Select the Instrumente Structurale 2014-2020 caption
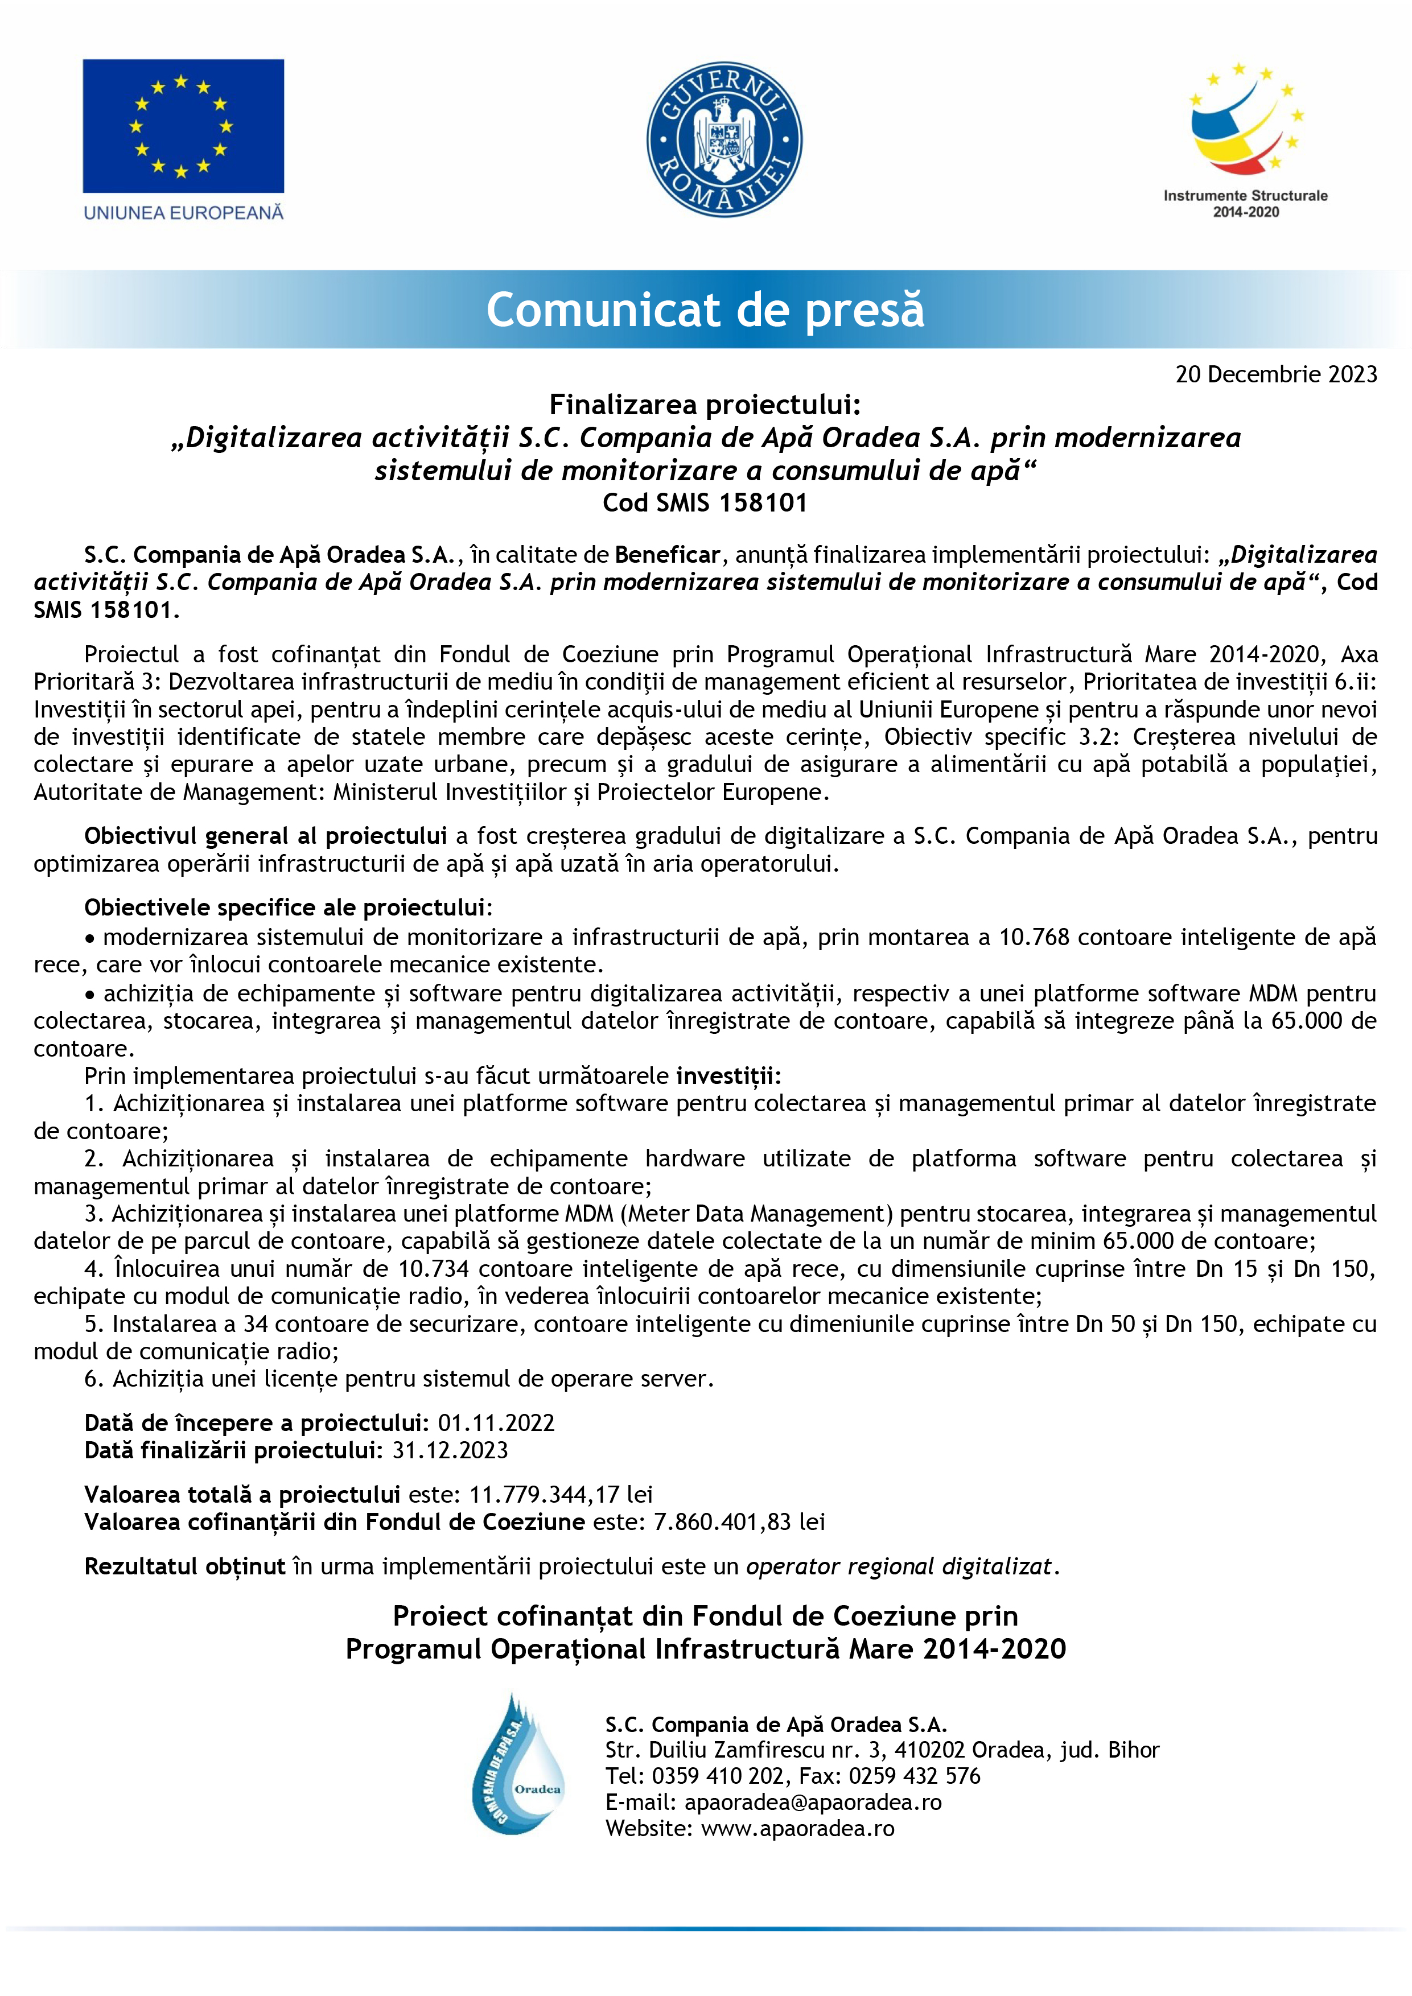1245,204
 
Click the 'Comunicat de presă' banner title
705,310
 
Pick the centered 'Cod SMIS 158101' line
705,502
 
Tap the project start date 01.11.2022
496,1422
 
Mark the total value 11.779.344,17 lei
561,1494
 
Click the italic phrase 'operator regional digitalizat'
899,1566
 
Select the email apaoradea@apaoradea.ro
812,1802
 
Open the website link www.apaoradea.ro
797,1828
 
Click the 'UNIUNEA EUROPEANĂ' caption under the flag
183,212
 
